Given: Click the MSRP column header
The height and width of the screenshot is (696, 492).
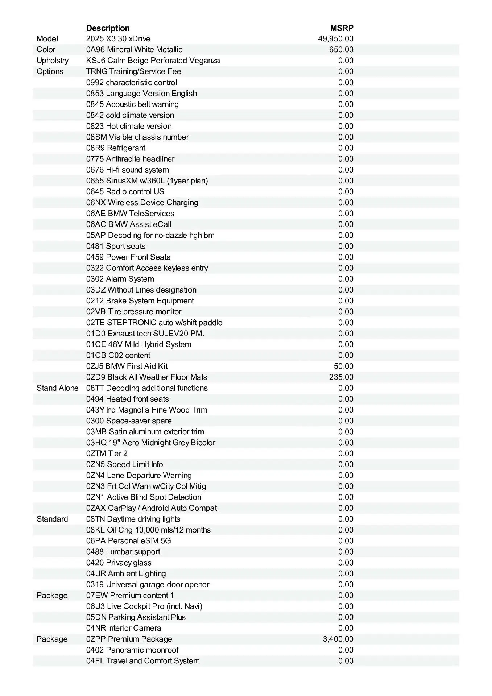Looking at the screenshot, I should pos(342,28).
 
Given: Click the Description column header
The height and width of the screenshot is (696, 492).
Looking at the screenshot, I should pos(108,28).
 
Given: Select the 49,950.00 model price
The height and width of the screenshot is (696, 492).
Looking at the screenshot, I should pos(335,39).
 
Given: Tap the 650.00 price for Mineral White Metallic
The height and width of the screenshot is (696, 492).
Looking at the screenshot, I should pos(341,50).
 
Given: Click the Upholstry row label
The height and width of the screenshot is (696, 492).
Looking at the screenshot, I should pos(52,61).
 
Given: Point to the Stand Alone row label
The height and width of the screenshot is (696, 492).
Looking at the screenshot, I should pos(57,388).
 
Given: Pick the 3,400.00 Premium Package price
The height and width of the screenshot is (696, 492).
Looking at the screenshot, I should pos(338,639).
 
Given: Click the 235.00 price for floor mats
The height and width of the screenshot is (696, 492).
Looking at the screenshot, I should pos(341,377).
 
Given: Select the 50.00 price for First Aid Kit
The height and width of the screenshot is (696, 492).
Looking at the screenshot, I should pos(343,366).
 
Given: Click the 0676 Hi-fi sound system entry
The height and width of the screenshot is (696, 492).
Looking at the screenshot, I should pos(127,170).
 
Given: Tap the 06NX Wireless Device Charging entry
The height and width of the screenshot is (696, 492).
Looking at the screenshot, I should pos(142,203).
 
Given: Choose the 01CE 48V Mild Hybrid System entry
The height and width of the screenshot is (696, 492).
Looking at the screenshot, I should pos(138,344).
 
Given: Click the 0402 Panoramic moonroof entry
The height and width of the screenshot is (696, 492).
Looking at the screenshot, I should pos(132,650).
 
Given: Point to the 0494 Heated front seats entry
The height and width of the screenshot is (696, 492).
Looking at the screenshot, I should pos(127,399).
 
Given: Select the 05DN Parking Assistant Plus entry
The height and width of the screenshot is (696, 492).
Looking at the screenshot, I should pos(136,617).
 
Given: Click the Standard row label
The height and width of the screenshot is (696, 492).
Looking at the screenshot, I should pos(52,519).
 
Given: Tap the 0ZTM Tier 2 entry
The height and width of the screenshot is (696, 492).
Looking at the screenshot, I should pos(107,453).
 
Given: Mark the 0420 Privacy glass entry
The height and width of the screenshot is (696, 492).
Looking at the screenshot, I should pos(119,563).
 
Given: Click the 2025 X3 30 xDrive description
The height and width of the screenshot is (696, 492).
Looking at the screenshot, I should pos(118,39).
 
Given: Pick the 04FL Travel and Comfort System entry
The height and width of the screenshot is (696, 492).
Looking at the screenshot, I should pos(143,661).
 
